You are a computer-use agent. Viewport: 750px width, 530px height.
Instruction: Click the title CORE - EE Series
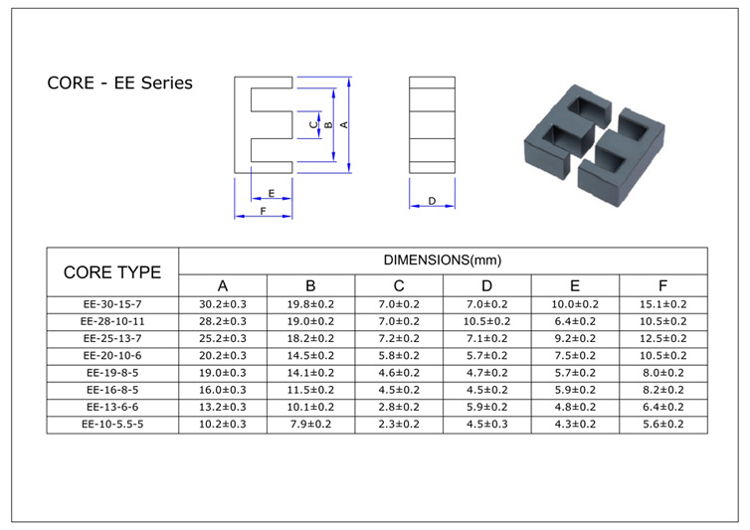[119, 83]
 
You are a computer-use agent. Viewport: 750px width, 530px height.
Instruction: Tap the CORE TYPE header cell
[112, 272]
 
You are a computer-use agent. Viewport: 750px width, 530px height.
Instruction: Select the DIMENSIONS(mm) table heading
[443, 261]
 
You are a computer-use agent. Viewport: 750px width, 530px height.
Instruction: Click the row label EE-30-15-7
[112, 304]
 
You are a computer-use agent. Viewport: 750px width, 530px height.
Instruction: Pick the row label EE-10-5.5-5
[112, 425]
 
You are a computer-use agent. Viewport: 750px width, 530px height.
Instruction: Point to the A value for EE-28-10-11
[223, 321]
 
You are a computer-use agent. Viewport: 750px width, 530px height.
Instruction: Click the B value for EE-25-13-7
[310, 339]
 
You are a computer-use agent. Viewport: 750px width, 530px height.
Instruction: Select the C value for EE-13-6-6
[399, 407]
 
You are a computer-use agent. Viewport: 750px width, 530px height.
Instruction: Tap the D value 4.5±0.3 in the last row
[487, 425]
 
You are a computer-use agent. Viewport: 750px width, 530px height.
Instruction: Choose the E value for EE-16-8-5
[575, 390]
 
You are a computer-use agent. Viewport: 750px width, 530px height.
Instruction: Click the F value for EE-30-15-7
[662, 304]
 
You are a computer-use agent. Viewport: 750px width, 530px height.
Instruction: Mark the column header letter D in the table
[487, 286]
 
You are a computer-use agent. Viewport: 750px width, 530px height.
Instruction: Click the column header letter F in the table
[662, 286]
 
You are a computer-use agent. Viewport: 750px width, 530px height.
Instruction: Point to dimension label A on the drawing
[344, 125]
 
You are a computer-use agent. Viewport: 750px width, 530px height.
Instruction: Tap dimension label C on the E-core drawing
[313, 125]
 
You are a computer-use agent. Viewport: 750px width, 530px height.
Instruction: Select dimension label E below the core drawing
[272, 193]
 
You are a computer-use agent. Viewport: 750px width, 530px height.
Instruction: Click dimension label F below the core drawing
[263, 211]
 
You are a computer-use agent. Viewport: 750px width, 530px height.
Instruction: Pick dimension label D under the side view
[432, 201]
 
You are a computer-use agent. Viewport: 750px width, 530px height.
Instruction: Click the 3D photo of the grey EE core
[594, 145]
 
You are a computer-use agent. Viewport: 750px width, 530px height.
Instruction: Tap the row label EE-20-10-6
[112, 356]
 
